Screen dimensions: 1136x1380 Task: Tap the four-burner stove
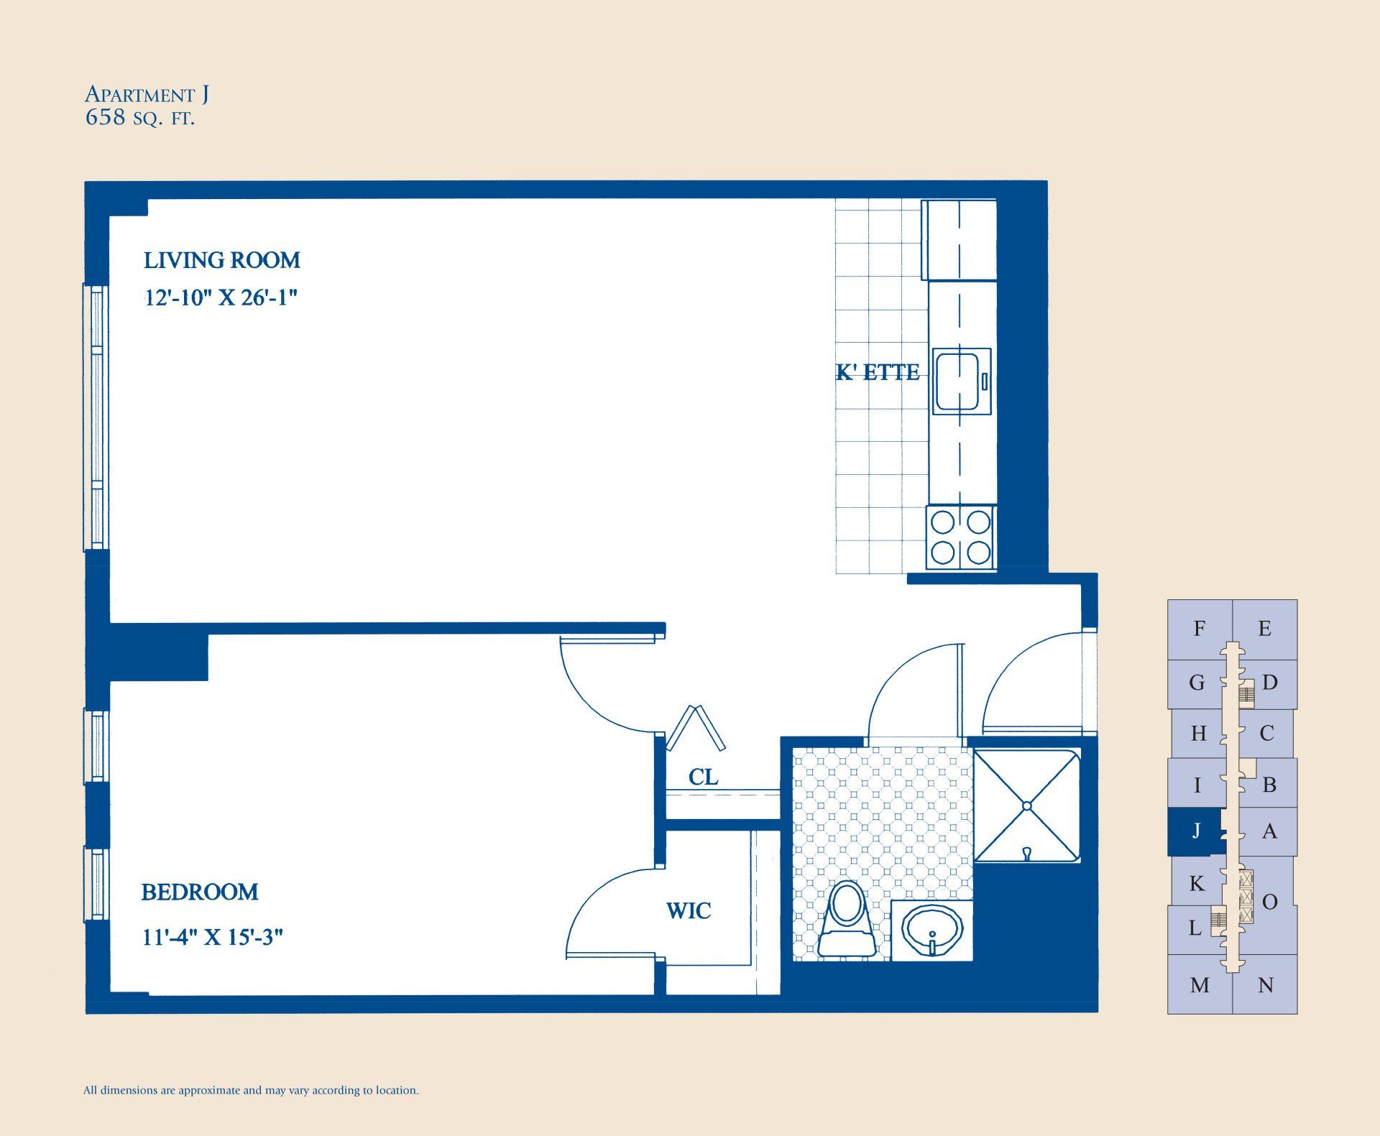pos(961,537)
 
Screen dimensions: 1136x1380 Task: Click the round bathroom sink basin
pos(931,928)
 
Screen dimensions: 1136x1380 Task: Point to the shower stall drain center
pos(1027,805)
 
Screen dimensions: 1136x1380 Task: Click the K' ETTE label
pos(878,372)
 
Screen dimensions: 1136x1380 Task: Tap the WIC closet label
pos(689,911)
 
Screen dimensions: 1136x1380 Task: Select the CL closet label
pos(703,777)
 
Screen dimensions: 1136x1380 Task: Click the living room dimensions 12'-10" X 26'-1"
pos(221,297)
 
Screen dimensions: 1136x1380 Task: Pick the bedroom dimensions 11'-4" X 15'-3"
pos(212,938)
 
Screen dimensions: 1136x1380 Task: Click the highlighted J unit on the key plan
pos(1196,831)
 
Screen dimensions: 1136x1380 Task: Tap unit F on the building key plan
pos(1199,629)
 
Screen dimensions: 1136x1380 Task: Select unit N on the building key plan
pos(1266,985)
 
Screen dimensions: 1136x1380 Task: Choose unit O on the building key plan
pos(1270,902)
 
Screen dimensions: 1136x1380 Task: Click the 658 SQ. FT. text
pos(140,118)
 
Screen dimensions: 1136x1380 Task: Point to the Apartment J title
pos(147,94)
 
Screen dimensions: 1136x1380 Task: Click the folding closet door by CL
pos(696,728)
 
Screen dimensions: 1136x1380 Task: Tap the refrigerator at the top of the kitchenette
pos(960,240)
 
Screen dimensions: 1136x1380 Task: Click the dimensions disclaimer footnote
pos(251,1090)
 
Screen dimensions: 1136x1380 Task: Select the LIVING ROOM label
pos(222,260)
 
